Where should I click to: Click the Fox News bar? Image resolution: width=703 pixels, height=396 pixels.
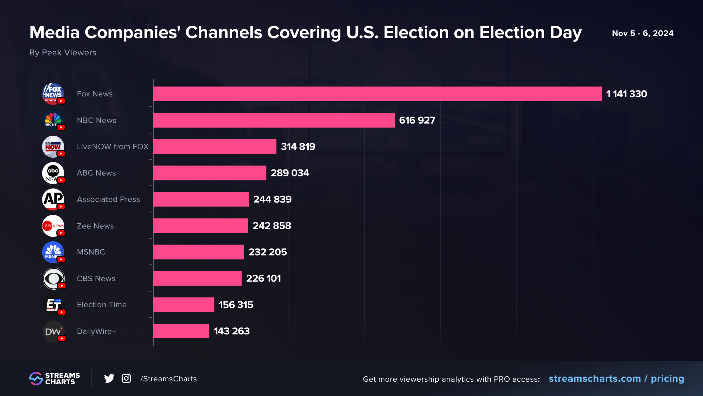[377, 94]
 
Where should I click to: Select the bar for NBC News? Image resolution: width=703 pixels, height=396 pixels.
[274, 120]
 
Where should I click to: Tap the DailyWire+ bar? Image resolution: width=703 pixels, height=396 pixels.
[181, 331]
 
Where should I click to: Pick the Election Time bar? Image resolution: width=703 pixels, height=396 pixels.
[183, 305]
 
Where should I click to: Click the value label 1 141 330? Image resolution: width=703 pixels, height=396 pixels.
[626, 94]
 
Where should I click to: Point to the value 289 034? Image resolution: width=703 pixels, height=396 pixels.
[290, 173]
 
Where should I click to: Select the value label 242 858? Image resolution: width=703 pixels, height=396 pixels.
[272, 226]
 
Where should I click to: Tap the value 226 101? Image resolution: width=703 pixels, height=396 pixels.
[263, 279]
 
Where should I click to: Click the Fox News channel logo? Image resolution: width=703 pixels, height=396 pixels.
[53, 94]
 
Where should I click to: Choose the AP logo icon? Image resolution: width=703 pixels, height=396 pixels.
[53, 199]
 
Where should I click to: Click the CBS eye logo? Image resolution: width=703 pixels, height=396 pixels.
[53, 279]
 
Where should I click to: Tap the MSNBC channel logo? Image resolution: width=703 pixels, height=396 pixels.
[53, 252]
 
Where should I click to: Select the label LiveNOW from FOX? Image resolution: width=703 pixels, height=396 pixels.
[112, 147]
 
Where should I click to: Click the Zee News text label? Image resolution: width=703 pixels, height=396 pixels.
[95, 226]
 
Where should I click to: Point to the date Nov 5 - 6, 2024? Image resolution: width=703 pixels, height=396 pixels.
[642, 33]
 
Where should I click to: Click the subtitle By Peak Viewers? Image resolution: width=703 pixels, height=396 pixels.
[63, 53]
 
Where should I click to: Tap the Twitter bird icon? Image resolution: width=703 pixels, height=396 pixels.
[109, 378]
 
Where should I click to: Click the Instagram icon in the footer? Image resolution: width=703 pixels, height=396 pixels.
[126, 378]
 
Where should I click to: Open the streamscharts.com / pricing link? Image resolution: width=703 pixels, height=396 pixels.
[616, 379]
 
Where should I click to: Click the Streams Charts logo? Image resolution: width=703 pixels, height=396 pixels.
[55, 378]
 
